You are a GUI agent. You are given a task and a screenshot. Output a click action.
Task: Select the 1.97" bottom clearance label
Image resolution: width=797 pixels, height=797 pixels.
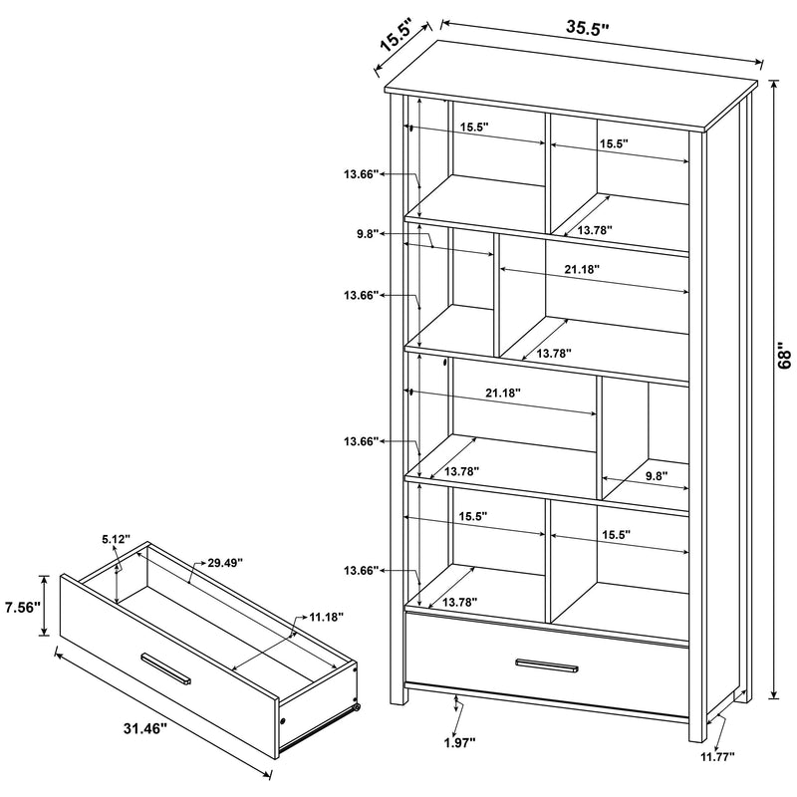click(459, 741)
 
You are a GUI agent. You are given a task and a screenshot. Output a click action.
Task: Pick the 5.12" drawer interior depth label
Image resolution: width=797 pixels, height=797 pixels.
click(115, 539)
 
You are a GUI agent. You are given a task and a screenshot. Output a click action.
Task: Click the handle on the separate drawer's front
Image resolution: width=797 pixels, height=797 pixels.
click(167, 667)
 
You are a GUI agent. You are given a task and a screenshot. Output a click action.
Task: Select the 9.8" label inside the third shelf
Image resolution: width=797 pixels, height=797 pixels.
click(656, 476)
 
